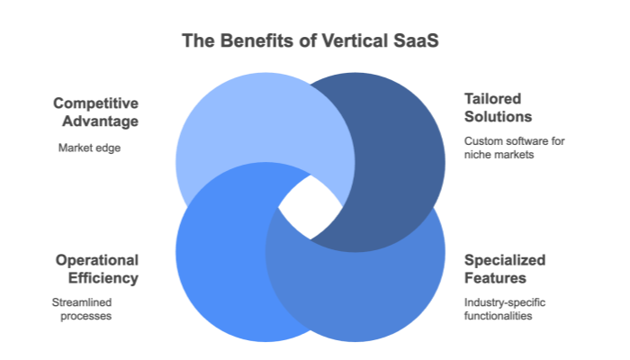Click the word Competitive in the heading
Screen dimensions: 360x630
point(95,103)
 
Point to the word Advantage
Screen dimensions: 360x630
point(101,121)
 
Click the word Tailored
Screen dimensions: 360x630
point(492,98)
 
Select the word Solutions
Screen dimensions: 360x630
point(498,117)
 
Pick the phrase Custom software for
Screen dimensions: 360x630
point(514,142)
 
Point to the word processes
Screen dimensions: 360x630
point(84,317)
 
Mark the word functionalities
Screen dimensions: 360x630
point(499,317)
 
